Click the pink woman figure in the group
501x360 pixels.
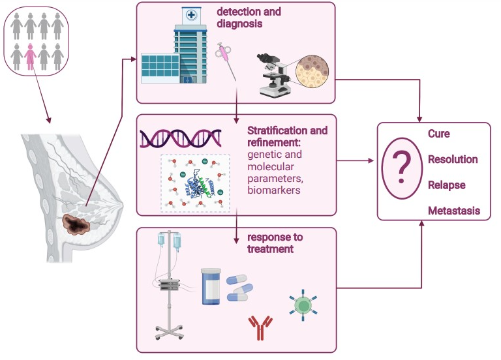(29, 57)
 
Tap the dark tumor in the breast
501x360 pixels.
(78, 225)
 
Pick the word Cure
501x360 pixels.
(439, 134)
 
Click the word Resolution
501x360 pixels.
(453, 160)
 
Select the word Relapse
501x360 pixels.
(446, 185)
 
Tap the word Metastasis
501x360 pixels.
(454, 211)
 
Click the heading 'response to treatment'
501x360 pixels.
(274, 243)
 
